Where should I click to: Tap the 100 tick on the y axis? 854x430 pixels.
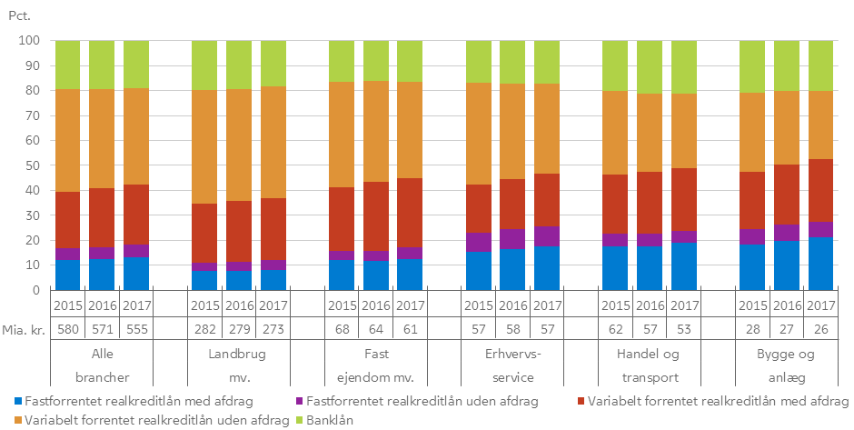click(x=31, y=41)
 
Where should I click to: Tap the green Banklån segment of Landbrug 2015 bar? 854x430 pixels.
click(x=204, y=65)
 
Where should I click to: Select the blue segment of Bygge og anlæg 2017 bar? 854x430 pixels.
click(x=820, y=264)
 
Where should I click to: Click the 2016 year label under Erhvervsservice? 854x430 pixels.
click(x=512, y=305)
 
